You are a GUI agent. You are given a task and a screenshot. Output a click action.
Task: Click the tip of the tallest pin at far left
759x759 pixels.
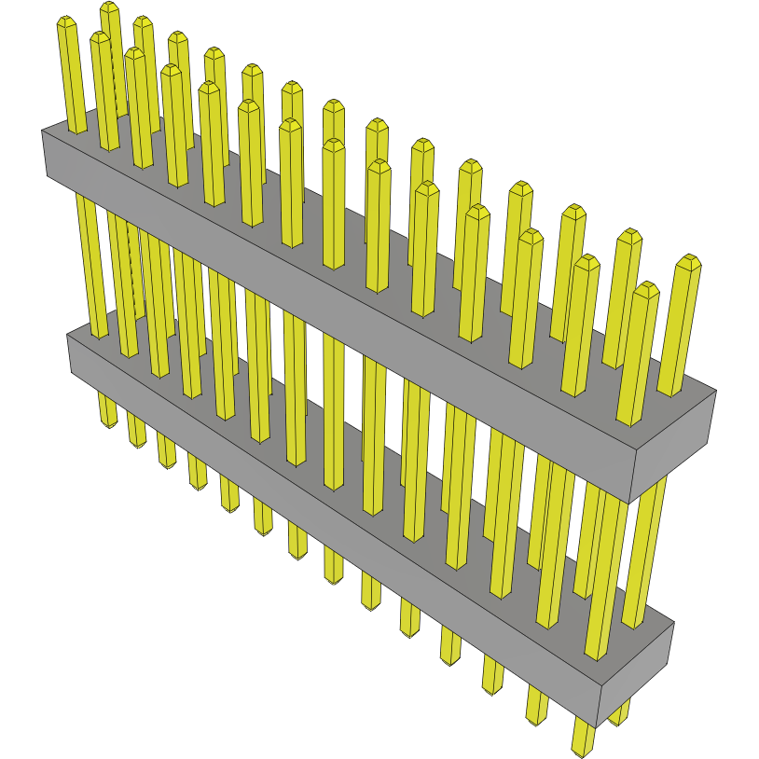109,7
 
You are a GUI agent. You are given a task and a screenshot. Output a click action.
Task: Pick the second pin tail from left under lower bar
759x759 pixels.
137,430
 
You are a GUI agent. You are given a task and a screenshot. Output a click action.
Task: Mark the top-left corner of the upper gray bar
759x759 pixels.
43,131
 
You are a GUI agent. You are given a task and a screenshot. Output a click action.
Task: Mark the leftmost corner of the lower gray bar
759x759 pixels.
68,336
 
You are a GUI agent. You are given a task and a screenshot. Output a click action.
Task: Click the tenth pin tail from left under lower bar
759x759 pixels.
409,617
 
